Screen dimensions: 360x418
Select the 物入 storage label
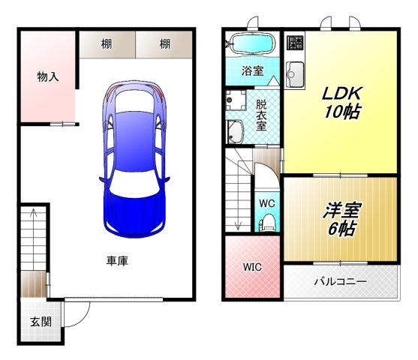point(48,76)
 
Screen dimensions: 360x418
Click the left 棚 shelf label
point(107,44)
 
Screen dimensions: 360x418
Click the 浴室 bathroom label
point(252,71)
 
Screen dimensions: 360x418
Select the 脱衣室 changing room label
point(261,115)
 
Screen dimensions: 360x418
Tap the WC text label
point(266,202)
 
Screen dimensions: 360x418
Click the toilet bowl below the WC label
point(266,223)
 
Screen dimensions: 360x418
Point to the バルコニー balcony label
point(340,283)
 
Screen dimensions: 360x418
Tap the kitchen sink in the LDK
point(293,74)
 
